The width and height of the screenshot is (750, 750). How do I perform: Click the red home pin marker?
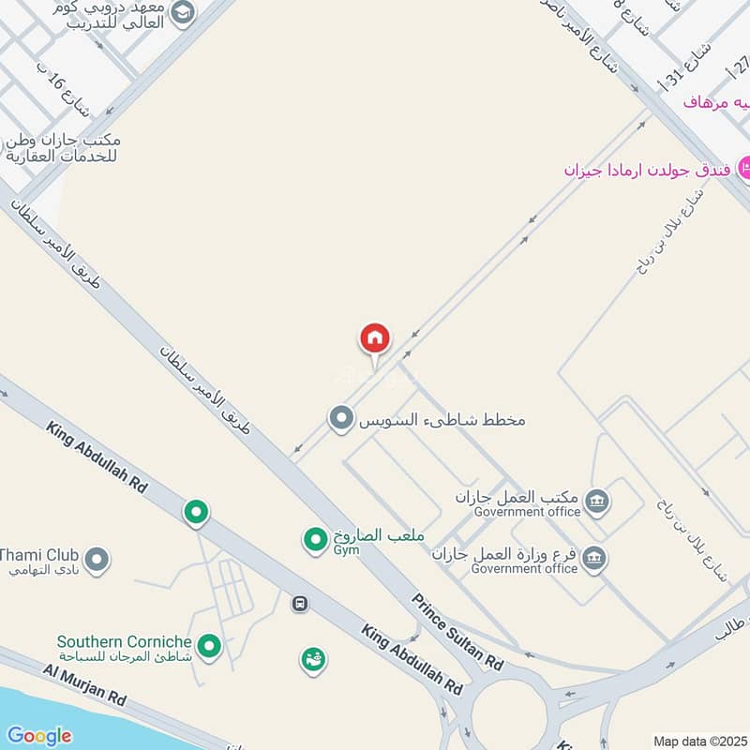[x=375, y=339]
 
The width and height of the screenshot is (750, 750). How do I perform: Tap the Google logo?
[x=38, y=736]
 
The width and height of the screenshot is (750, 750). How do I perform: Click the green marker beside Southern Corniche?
[x=210, y=645]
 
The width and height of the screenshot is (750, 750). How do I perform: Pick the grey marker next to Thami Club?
[x=97, y=562]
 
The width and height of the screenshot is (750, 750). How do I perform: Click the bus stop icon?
[x=300, y=604]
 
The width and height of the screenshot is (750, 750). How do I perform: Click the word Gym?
[x=347, y=552]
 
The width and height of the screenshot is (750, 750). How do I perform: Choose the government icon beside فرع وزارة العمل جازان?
[x=593, y=560]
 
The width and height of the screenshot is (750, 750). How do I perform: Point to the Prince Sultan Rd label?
[x=457, y=634]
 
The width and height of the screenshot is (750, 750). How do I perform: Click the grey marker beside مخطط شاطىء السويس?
[x=340, y=418]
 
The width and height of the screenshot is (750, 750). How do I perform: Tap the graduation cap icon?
[x=182, y=11]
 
